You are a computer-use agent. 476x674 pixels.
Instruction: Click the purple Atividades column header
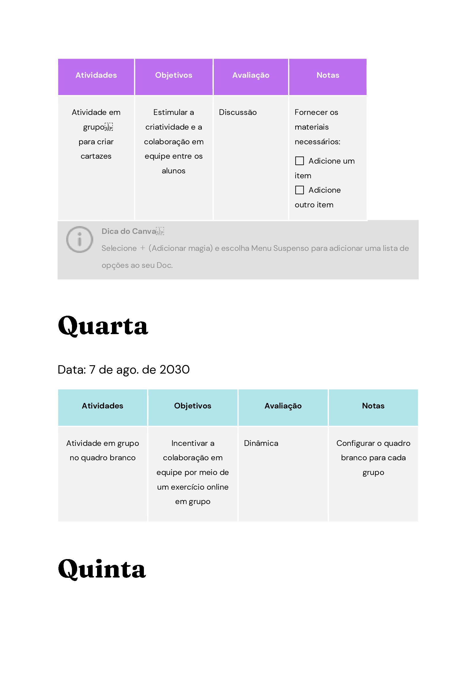click(x=96, y=75)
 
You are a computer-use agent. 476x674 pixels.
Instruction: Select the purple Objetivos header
click(x=174, y=75)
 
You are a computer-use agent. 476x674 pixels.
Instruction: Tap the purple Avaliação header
click(x=251, y=75)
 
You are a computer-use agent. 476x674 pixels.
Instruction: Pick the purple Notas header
click(x=328, y=75)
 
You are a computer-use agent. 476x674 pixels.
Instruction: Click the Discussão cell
click(x=237, y=112)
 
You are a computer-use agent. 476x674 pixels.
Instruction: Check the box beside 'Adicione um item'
click(x=299, y=161)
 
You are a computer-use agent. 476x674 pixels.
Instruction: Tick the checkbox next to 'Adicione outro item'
click(x=299, y=190)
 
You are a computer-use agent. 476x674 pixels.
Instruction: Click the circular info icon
click(x=79, y=240)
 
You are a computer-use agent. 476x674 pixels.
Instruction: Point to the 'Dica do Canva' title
click(x=129, y=231)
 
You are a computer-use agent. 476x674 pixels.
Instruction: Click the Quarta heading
click(x=103, y=326)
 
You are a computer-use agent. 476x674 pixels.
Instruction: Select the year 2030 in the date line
click(x=174, y=370)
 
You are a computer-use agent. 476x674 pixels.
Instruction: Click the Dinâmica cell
click(x=261, y=443)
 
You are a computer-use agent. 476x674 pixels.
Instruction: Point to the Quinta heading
click(x=102, y=569)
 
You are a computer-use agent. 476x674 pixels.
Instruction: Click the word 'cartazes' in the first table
click(x=96, y=156)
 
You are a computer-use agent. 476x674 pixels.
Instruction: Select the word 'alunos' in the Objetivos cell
click(x=173, y=171)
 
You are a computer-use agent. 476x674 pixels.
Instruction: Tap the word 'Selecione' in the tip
click(x=119, y=248)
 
